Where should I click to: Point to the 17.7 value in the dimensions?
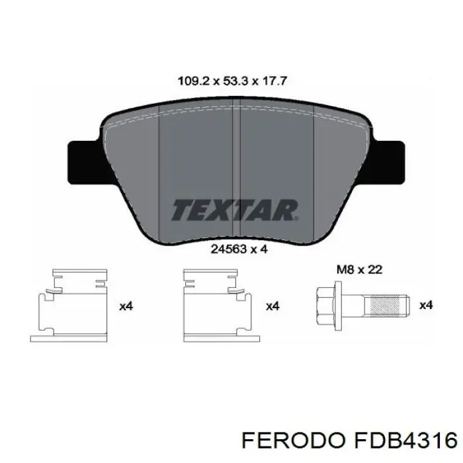274,82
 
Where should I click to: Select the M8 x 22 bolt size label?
358,270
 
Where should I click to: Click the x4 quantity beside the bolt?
427,306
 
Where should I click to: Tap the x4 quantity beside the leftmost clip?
126,306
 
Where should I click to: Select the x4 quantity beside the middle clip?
272,306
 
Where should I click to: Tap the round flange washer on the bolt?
340,305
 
